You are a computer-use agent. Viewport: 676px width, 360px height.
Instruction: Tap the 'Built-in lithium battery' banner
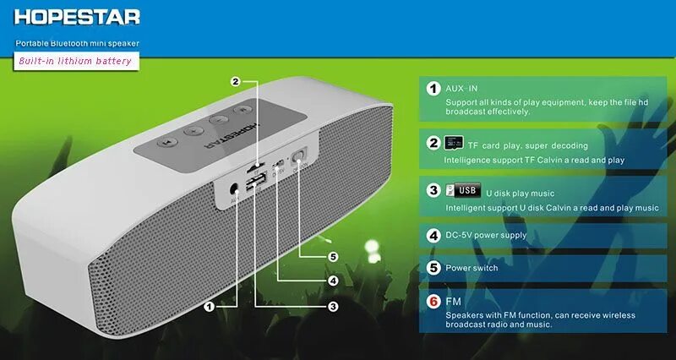pyautogui.click(x=76, y=61)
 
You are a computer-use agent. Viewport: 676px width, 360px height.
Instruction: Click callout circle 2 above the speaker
pyautogui.click(x=236, y=82)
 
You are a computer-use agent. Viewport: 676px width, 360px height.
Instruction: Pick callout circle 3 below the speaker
pyautogui.click(x=333, y=307)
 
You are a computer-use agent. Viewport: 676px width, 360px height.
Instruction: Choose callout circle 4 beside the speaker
pyautogui.click(x=333, y=281)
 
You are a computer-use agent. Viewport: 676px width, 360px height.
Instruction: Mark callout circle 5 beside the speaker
pyautogui.click(x=333, y=256)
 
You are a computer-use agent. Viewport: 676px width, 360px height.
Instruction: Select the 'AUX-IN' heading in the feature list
pyautogui.click(x=462, y=88)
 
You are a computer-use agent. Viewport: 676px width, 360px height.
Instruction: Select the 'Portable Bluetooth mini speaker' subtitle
pyautogui.click(x=77, y=42)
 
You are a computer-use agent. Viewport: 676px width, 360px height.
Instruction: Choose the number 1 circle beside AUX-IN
pyautogui.click(x=433, y=89)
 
